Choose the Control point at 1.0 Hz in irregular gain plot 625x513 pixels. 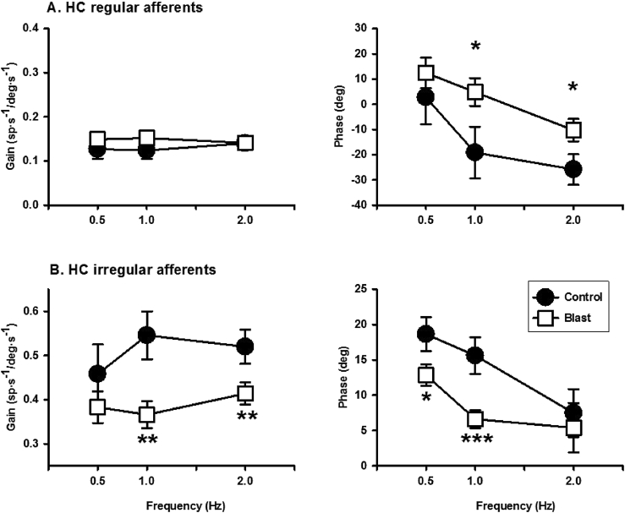147,335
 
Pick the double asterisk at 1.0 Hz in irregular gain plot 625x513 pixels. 147,441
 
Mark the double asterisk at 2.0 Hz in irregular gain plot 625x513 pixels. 246,417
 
